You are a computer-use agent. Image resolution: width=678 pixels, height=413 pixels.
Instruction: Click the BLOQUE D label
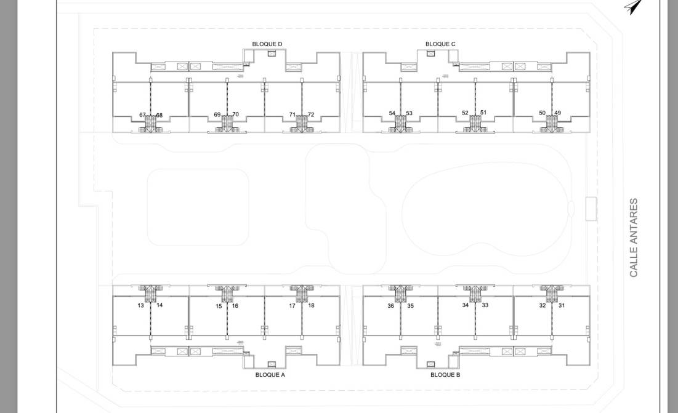tap(267, 44)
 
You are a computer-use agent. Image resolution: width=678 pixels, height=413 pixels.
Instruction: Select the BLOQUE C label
tap(440, 44)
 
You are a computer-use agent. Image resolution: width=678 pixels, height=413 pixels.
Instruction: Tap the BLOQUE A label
tap(270, 375)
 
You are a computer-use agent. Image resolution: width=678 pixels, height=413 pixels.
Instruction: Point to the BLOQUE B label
tap(445, 375)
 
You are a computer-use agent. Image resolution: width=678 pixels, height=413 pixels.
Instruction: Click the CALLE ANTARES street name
tap(634, 238)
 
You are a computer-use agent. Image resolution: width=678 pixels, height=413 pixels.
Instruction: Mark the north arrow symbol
tap(634, 7)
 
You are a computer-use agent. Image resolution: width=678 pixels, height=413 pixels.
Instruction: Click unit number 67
tap(142, 115)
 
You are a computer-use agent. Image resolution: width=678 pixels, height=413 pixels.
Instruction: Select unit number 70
tap(236, 114)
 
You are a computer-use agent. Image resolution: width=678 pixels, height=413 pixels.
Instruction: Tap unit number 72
tap(311, 114)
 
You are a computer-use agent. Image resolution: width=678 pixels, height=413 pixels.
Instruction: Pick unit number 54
tap(392, 113)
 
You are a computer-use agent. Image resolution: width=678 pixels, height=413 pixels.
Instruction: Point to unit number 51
tap(483, 113)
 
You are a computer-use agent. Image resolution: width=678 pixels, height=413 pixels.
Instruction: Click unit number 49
tap(557, 113)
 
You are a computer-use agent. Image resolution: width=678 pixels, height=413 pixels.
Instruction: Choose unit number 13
tap(141, 306)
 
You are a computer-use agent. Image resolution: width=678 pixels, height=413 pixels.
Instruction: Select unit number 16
tap(235, 306)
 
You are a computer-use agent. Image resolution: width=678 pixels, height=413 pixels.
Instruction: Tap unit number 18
tap(311, 305)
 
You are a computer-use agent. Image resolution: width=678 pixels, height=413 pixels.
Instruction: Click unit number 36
tap(390, 306)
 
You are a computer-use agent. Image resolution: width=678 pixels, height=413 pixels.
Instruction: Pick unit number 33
tap(485, 305)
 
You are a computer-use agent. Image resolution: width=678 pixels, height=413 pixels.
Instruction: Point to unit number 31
tap(561, 305)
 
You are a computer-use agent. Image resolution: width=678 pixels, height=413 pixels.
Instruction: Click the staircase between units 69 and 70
tap(227, 124)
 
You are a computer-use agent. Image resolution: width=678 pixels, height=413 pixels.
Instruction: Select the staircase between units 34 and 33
tap(475, 292)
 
